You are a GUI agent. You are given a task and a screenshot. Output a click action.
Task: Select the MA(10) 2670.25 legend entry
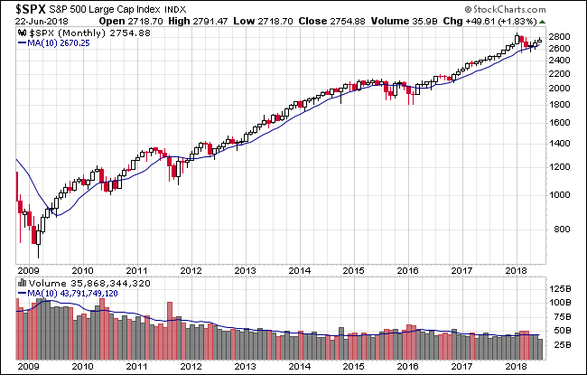pos(59,43)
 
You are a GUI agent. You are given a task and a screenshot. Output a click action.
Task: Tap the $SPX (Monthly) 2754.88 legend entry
pos(76,34)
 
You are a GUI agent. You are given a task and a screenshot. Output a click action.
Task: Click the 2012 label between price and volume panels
pos(192,268)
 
